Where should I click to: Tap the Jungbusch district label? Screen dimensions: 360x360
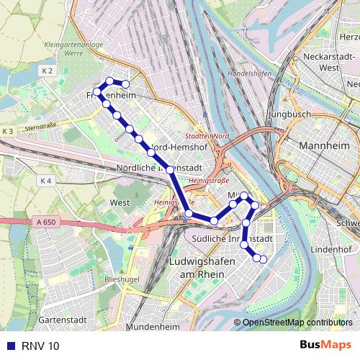pyautogui.click(x=289, y=114)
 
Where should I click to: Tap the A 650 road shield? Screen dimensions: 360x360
pyautogui.click(x=45, y=224)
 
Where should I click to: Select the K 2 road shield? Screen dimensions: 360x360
pyautogui.click(x=48, y=71)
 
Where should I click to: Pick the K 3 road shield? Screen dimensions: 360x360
pyautogui.click(x=8, y=131)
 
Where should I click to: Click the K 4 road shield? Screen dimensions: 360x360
pyautogui.click(x=46, y=181)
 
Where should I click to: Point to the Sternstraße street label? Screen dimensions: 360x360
pyautogui.click(x=41, y=127)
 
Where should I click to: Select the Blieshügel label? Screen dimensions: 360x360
pyautogui.click(x=121, y=277)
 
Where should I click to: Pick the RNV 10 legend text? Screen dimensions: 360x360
pyautogui.click(x=45, y=346)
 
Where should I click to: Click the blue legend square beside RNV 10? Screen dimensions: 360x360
pyautogui.click(x=10, y=346)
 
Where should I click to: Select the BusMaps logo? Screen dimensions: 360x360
pyautogui.click(x=325, y=345)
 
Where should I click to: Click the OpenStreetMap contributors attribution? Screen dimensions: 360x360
pyautogui.click(x=297, y=323)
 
